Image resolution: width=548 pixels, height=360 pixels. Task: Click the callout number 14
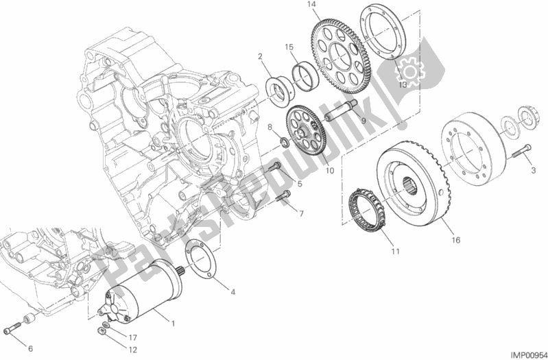pos(312,5)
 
